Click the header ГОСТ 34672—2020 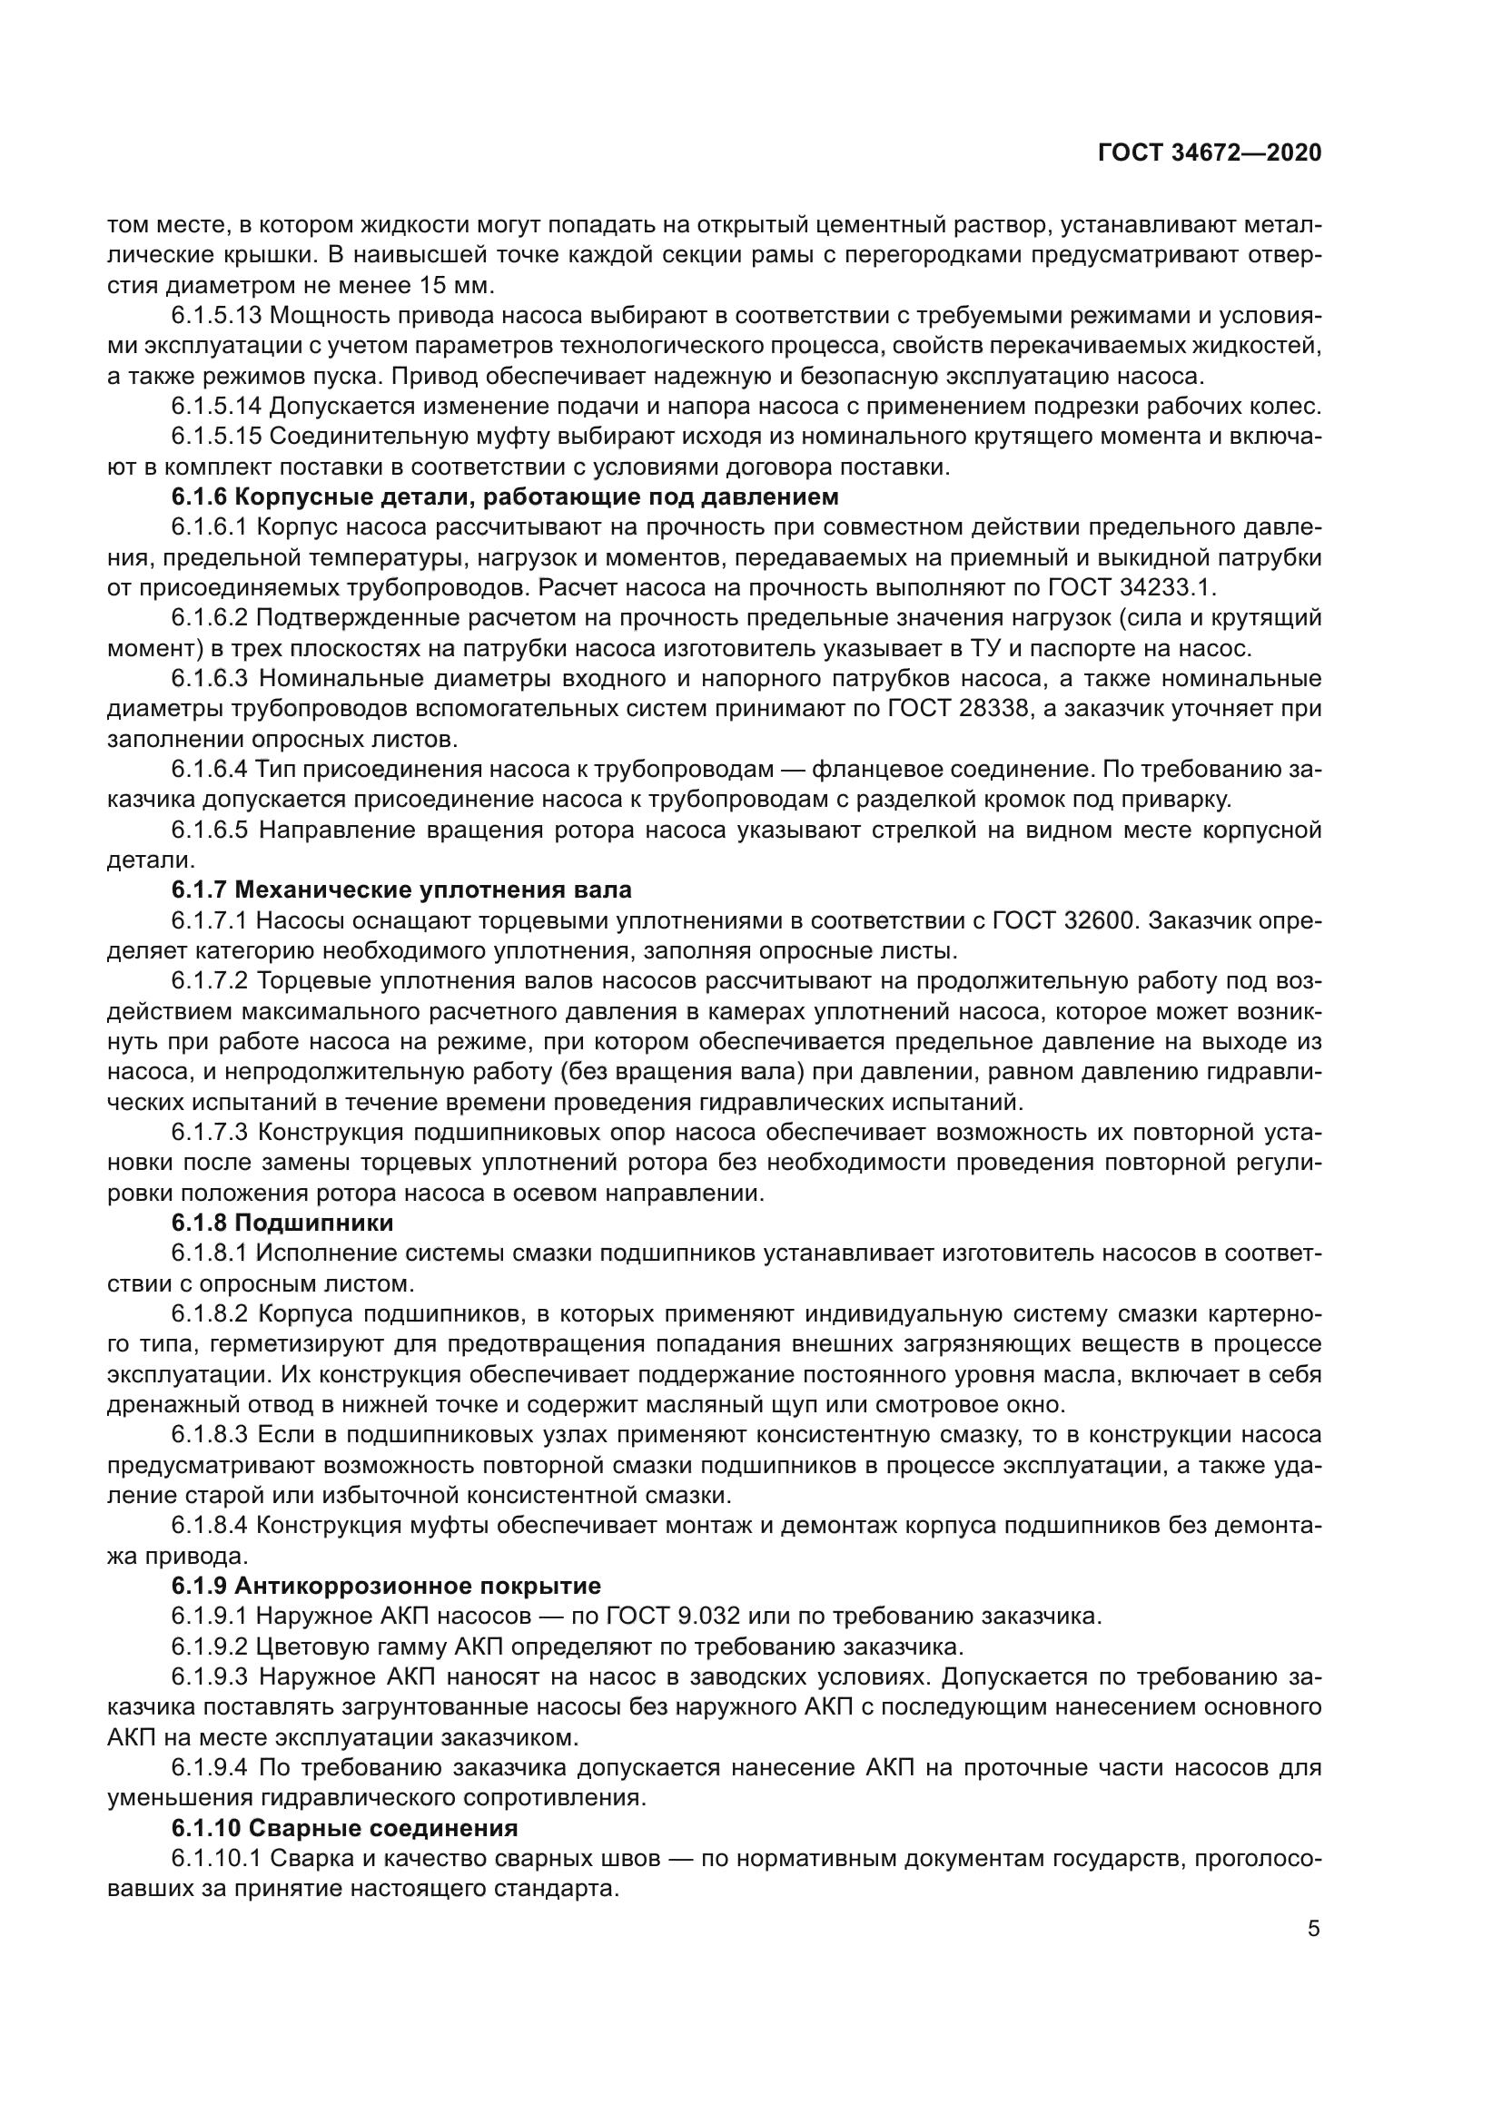pos(1209,152)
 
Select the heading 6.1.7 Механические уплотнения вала pos(401,890)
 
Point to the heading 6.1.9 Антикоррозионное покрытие pos(386,1586)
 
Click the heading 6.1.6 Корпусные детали pos(504,496)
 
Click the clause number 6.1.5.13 pos(216,315)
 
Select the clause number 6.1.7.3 pos(210,1132)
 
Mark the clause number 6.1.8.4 pos(210,1525)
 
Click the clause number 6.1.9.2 pos(210,1646)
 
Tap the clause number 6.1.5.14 pos(216,406)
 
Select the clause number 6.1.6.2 pos(210,618)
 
